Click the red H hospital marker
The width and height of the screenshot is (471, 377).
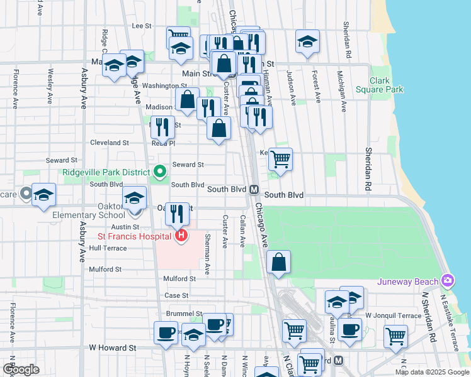tap(181, 236)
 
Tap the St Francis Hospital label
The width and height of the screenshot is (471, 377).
tap(133, 236)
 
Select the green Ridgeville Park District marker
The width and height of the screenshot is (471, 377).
tap(160, 171)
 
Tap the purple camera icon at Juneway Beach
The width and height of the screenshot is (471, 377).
tap(448, 280)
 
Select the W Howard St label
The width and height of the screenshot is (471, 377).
tap(113, 347)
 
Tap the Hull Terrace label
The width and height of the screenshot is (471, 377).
tap(108, 248)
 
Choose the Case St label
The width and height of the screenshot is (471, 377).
tap(176, 295)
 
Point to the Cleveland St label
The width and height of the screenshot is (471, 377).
tap(109, 143)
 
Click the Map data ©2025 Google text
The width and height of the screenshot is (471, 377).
tap(432, 372)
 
